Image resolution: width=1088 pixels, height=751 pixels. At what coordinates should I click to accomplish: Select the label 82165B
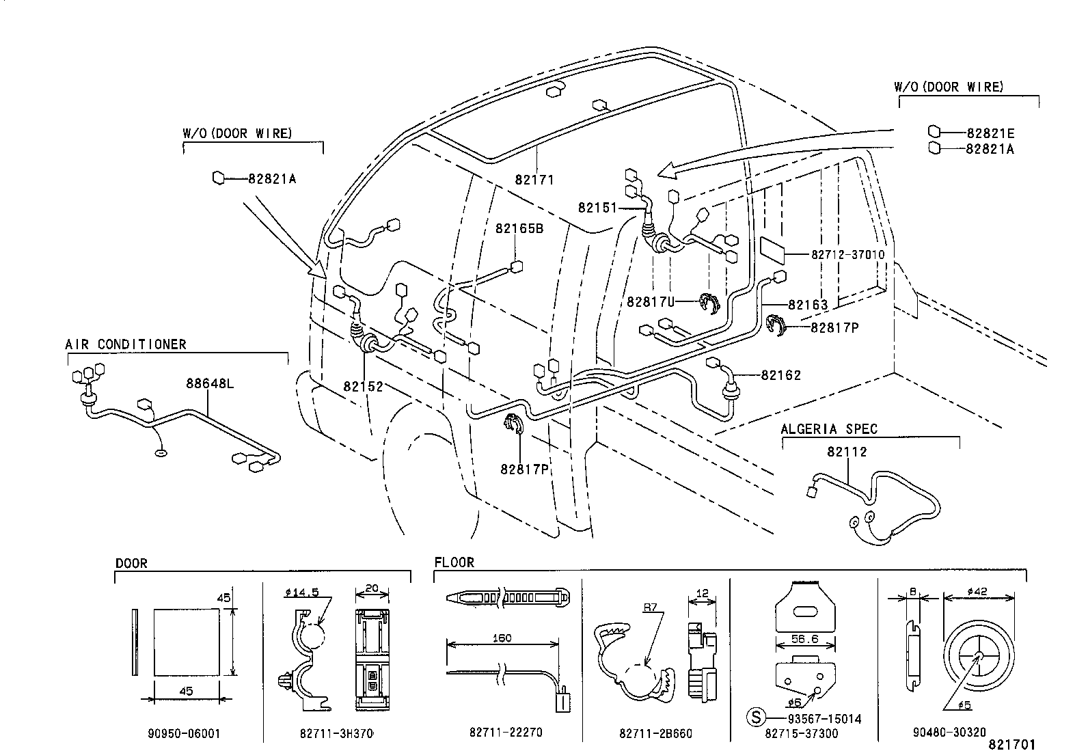coord(519,229)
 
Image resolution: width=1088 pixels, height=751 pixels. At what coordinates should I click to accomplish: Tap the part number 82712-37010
coord(847,254)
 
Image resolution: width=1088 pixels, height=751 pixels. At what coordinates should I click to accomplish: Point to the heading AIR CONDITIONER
coord(126,344)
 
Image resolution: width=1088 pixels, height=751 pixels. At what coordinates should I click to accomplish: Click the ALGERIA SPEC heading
coord(829,429)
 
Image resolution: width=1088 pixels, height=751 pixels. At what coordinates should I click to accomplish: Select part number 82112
coord(847,452)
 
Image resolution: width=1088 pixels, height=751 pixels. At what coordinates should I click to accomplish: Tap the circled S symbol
coord(755,718)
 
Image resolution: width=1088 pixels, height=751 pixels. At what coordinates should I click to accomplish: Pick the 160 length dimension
coord(502,638)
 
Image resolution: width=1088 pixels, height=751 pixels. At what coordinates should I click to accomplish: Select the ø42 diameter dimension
coord(977,592)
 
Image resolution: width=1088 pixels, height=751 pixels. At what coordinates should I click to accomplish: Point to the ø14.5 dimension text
coord(298,592)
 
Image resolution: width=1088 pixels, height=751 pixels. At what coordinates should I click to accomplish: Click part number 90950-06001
coord(184,733)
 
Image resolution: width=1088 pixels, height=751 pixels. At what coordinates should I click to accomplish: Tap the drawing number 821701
coord(1011,743)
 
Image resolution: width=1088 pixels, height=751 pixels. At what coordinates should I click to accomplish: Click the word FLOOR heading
coord(454,562)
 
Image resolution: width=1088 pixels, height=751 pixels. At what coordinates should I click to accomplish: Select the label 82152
coord(363,386)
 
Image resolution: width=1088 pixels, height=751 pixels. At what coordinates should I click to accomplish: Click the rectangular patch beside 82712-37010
coord(775,249)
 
